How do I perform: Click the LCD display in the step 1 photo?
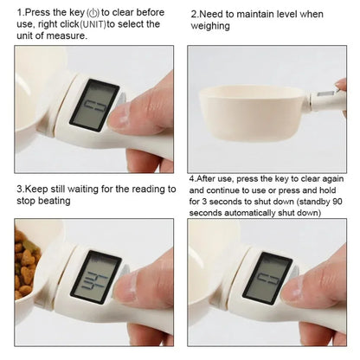click(x=96, y=103)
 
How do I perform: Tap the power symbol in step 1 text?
click(x=80, y=13)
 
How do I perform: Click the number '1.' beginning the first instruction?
click(x=20, y=13)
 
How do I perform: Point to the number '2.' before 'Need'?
click(x=195, y=15)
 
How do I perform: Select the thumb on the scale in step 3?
click(x=138, y=286)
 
